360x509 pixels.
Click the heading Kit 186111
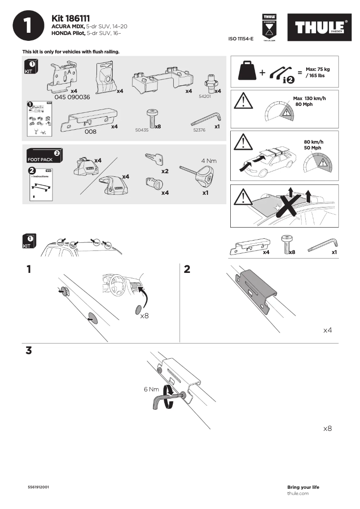tap(71, 18)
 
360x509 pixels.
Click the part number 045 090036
tap(72, 97)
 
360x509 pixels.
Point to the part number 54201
tap(205, 97)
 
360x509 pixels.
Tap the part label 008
tap(91, 132)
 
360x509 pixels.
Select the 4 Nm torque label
tap(209, 161)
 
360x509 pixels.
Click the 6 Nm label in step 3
tap(152, 389)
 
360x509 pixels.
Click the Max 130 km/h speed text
tap(309, 101)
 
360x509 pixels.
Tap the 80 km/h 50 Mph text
tap(313, 145)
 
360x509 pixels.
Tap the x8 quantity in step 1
tap(145, 316)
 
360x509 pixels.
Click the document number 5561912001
tap(39, 487)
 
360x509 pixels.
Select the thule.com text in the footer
tap(298, 493)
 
